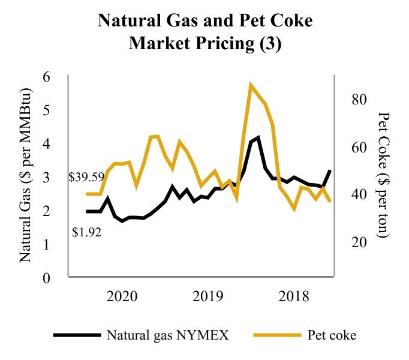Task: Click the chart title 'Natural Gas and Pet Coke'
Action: pyautogui.click(x=204, y=23)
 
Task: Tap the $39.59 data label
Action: pyautogui.click(x=87, y=178)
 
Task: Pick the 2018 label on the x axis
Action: pyautogui.click(x=294, y=296)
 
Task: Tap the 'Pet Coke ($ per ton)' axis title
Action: pyautogui.click(x=384, y=175)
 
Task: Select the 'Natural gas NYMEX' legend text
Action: pyautogui.click(x=168, y=335)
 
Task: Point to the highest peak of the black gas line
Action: pyautogui.click(x=258, y=138)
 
